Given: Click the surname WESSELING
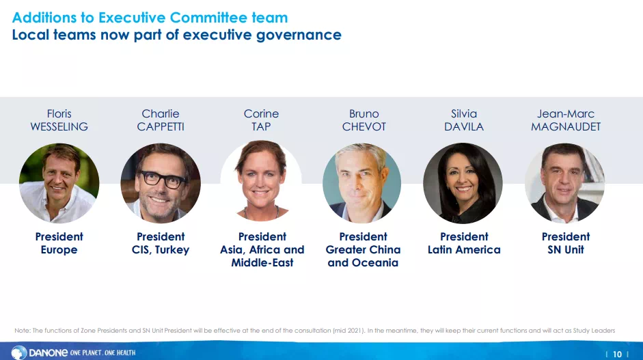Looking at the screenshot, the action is click(x=59, y=126).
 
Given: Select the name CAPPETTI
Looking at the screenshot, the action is click(x=161, y=126).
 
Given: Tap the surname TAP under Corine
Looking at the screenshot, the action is click(x=261, y=126).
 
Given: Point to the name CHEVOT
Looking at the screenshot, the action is click(x=364, y=126).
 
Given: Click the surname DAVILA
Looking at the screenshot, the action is click(x=464, y=126).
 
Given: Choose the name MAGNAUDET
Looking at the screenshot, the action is click(x=566, y=126).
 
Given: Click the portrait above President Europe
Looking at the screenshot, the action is click(x=59, y=183).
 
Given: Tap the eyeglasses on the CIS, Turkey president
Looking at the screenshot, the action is click(x=163, y=180).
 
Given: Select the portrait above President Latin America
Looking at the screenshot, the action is click(x=463, y=183).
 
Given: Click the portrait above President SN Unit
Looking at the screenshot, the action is click(x=564, y=183).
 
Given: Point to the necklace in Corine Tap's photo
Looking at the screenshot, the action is click(x=261, y=213).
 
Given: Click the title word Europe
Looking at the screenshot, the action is click(x=59, y=250).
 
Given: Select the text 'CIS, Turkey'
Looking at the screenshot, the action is click(x=161, y=250).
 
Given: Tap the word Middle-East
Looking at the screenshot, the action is click(x=262, y=263).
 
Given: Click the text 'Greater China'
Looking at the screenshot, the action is click(x=363, y=250).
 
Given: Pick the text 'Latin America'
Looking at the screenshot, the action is click(x=464, y=250).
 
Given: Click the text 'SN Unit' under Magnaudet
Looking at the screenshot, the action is click(x=566, y=250).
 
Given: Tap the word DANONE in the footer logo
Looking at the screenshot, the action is click(x=48, y=352).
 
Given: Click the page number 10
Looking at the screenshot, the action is click(x=617, y=355).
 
